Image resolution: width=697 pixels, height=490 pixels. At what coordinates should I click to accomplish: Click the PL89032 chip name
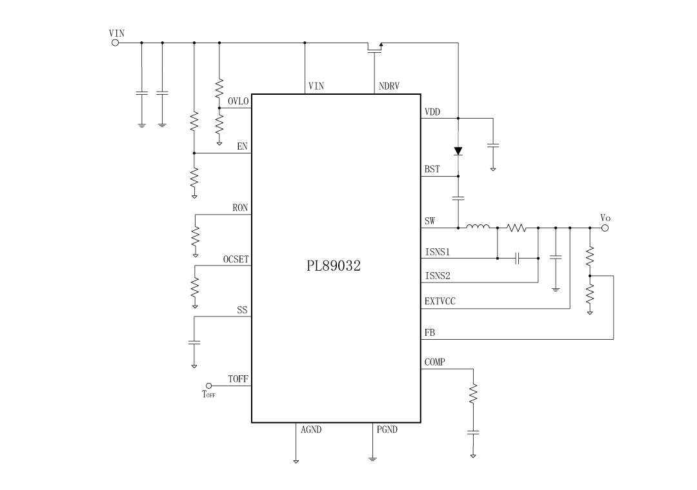click(333, 266)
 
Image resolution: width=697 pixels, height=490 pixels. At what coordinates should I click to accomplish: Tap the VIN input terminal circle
click(116, 43)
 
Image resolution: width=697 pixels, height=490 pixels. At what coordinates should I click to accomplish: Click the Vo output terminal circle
click(605, 227)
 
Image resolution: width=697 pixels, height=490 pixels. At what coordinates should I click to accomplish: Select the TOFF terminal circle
click(208, 386)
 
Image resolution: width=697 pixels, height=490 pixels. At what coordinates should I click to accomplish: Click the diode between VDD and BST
click(458, 151)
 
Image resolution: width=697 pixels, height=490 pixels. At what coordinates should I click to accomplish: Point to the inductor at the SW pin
click(478, 226)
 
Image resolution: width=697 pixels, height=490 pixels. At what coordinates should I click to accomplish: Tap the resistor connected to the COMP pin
click(473, 393)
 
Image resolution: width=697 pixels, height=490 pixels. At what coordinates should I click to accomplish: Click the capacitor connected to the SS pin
click(194, 342)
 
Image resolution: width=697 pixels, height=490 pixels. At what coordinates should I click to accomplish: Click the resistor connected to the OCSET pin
click(194, 286)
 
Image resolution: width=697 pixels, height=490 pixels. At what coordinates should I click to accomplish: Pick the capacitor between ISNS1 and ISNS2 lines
click(518, 259)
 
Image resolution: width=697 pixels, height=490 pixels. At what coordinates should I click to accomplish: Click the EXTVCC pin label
click(439, 300)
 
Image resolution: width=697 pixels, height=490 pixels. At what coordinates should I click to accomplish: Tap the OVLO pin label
click(238, 101)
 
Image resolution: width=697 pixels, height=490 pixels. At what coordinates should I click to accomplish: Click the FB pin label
click(429, 333)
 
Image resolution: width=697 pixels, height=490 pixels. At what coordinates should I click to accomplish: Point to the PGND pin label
click(387, 429)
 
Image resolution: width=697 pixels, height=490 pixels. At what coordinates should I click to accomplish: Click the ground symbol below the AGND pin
click(296, 460)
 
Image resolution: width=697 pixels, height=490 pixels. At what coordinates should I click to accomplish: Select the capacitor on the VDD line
click(493, 146)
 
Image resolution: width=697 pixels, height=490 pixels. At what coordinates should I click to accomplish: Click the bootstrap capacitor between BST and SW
click(458, 199)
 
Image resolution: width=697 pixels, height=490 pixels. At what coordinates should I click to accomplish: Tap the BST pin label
click(432, 170)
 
